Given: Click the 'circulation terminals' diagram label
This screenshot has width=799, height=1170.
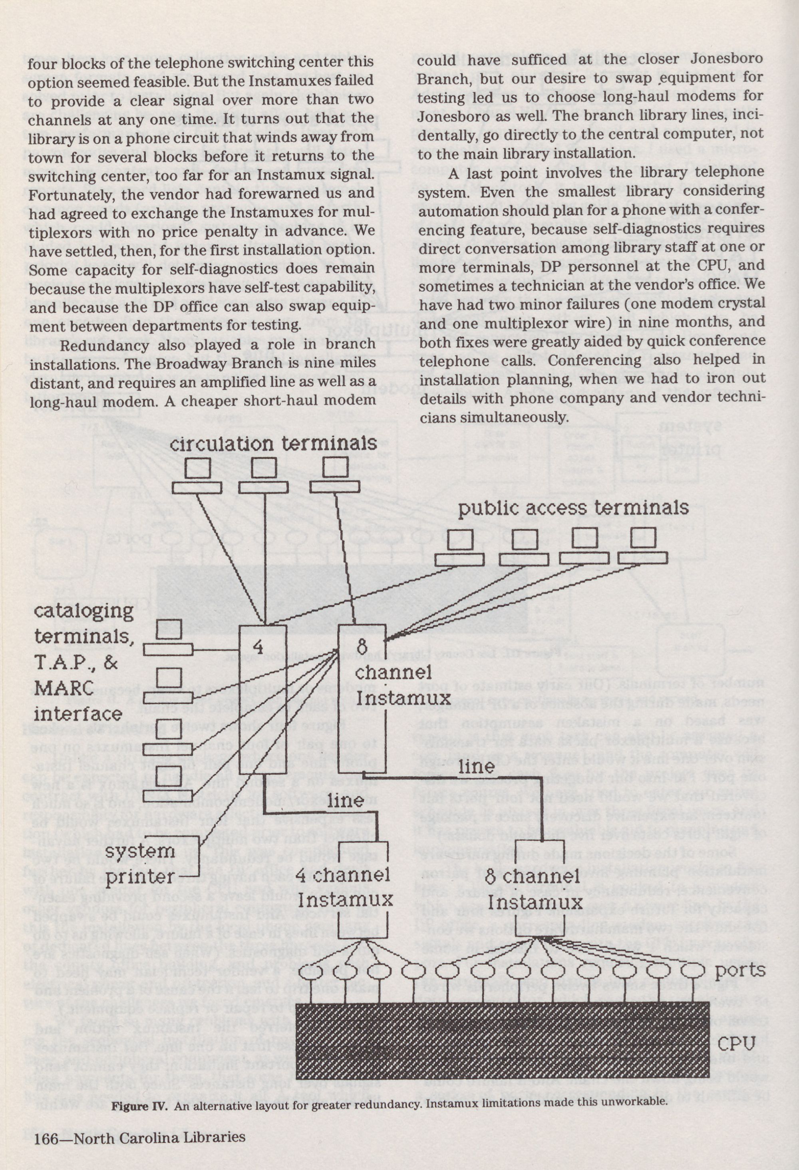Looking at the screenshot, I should point(273,443).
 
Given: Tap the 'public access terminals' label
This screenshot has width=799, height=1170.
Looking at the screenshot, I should point(572,507).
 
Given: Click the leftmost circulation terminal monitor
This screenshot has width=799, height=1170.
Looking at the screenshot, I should point(197,468).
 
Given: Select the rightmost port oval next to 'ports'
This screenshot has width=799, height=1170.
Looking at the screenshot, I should point(693,970).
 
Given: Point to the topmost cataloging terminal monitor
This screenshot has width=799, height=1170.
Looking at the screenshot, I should point(169,629).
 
